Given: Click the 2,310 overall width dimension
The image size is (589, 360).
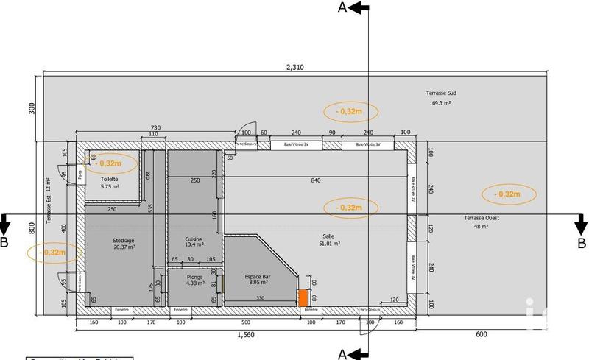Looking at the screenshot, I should coord(294,67).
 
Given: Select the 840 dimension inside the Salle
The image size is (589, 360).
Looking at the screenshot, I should coord(315,180).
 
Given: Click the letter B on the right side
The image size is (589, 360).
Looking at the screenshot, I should coord(581,243).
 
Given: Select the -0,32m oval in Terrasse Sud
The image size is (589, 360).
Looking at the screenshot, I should coord(350,111).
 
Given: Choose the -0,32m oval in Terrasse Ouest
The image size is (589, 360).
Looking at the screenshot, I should coord(509,194).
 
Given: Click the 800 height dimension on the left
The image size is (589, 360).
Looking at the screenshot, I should coord(32,229).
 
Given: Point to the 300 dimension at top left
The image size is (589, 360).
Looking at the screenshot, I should coord(32,107).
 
